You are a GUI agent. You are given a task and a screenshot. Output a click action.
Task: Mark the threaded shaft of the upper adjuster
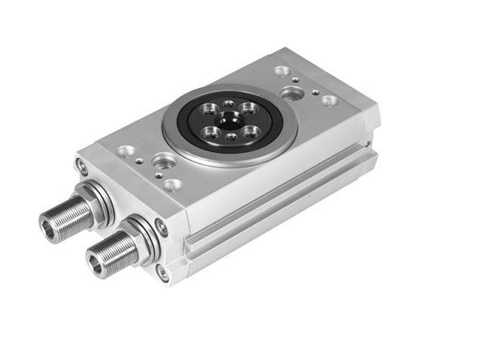coord(69,216)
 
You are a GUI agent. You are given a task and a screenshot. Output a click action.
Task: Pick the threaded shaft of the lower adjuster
coord(117,251)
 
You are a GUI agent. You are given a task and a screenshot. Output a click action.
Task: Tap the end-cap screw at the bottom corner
coord(163,272)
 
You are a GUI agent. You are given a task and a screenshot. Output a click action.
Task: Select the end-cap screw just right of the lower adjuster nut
coord(161,226)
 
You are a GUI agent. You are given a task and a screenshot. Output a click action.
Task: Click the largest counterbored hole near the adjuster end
coord(164,161)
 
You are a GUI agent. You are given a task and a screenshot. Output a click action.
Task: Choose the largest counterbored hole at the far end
coord(292,93)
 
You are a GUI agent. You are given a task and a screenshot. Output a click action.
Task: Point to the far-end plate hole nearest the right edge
coord(329,100)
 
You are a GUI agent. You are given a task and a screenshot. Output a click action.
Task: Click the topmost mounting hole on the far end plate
coord(282,71)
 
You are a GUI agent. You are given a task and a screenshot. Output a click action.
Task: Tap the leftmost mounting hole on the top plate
coord(127,151)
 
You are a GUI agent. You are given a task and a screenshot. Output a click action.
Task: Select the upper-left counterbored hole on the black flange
coord(211,109)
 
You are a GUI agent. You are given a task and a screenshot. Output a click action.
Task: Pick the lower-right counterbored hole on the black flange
coord(251,131)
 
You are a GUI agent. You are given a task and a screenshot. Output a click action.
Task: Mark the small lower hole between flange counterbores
coord(231,137)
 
